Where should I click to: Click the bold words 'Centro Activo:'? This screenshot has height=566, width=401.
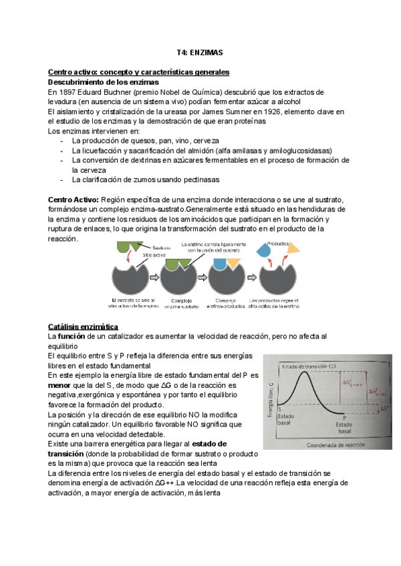(x=73, y=200)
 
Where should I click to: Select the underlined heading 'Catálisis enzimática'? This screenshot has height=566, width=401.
(x=83, y=326)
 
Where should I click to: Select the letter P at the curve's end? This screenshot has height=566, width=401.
(x=345, y=418)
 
